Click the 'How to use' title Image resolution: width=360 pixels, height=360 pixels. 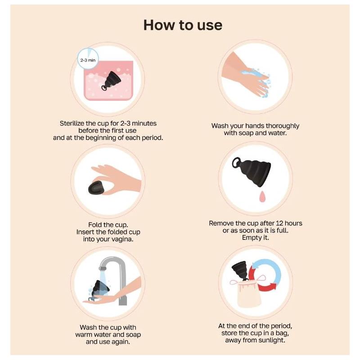click(183, 25)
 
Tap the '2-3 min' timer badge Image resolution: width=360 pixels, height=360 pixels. click(88, 60)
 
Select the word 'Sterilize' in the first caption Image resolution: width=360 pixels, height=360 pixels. click(75, 123)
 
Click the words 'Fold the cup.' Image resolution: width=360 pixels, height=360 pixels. click(108, 225)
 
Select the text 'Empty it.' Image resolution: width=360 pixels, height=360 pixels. click(255, 238)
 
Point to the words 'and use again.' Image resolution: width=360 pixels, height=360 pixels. click(108, 342)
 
